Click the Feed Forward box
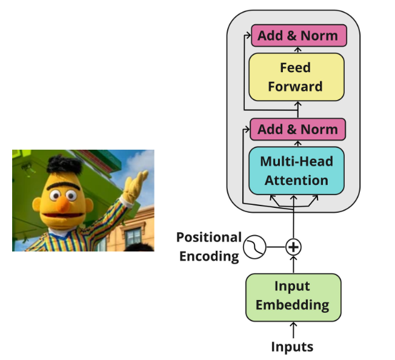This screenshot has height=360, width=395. [296, 77]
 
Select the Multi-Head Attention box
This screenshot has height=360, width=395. [296, 170]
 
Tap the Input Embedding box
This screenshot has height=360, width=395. [293, 296]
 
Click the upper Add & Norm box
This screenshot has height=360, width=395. [297, 35]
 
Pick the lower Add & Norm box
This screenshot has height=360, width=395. [297, 129]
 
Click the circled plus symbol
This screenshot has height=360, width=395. [294, 247]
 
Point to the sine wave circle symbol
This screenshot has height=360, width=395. [254, 247]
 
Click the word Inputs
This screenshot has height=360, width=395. [293, 347]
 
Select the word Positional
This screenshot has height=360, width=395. [208, 237]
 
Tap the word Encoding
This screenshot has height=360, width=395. [208, 256]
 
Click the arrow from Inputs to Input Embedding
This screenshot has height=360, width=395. [294, 329]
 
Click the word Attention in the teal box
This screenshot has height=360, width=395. [296, 180]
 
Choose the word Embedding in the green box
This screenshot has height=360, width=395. [293, 304]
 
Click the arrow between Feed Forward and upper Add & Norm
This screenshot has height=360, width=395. [297, 50]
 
